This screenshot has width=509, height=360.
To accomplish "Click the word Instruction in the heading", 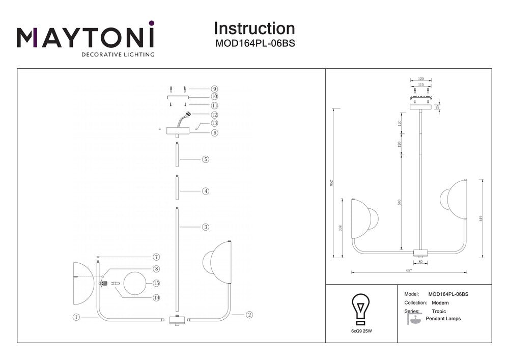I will point(254,29).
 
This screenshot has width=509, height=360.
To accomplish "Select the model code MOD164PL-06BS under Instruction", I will point(254,44).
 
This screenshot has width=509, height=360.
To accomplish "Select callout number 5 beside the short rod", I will point(205,159).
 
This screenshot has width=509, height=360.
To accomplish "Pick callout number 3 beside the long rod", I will point(205,227).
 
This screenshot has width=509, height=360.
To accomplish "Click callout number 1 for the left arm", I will point(76,317).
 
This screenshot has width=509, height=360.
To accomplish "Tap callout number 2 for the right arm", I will point(249,315).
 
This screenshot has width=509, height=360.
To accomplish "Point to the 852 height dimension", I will point(331,183).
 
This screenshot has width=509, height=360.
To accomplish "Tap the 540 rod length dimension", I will point(400,202).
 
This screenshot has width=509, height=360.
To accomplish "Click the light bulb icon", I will point(361,309).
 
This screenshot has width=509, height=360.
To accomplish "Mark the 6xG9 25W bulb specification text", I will point(361,331).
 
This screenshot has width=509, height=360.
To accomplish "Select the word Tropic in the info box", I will point(438,311).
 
